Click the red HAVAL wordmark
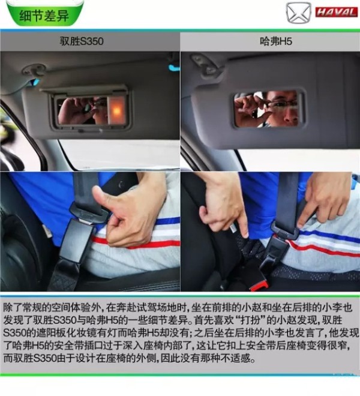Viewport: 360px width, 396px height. (x=337, y=12)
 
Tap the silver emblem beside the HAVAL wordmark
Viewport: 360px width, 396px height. (x=299, y=12)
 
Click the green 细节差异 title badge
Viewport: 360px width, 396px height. (x=45, y=14)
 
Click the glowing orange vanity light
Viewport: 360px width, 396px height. (x=117, y=110)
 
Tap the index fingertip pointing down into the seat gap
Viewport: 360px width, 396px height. (x=245, y=233)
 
